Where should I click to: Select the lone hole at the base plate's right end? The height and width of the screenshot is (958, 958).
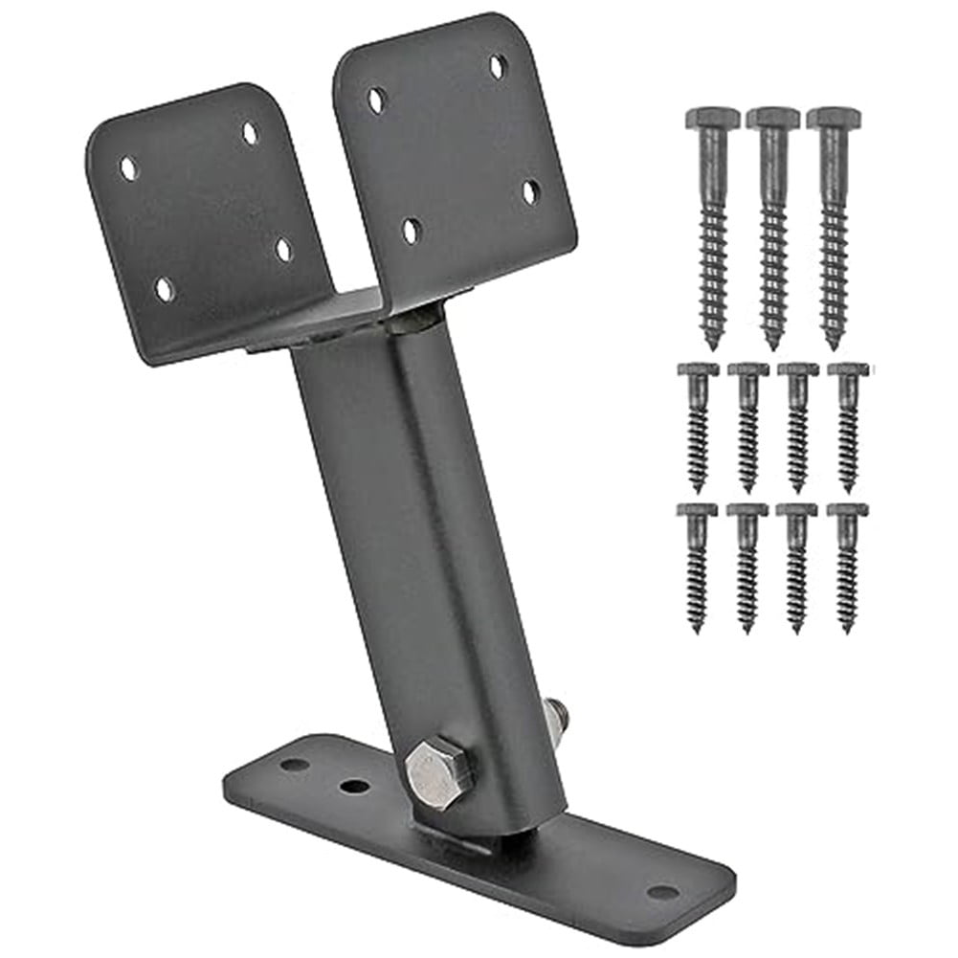point(662,892)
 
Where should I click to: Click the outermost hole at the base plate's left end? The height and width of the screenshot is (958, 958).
point(295,764)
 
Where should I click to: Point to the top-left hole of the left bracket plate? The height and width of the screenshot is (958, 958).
point(127,168)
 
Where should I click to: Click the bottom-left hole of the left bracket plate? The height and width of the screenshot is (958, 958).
point(165,287)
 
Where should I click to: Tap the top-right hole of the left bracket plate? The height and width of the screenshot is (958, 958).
point(250,133)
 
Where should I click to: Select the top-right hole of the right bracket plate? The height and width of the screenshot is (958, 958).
point(498,67)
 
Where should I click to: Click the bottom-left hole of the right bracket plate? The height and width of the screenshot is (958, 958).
point(411,230)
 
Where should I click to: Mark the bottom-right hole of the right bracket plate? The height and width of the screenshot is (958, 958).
point(529,191)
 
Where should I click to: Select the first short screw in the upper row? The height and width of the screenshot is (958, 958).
point(698,426)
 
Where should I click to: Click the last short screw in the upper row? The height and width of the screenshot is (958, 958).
point(847,426)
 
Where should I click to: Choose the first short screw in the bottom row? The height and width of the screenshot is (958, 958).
point(698,565)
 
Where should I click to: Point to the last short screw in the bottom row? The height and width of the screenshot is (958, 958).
point(847,565)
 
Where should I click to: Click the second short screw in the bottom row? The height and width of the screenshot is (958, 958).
point(747,565)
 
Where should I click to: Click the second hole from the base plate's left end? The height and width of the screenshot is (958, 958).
point(355,786)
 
